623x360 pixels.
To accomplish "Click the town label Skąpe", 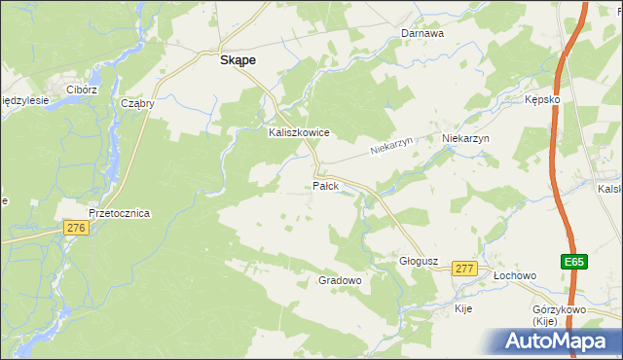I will (x=238, y=59).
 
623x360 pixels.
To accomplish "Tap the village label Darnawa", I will (x=422, y=33).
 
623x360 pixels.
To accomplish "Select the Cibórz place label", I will (x=82, y=90).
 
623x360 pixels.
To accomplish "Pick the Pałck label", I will (x=325, y=185).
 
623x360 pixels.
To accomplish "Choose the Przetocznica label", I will (x=119, y=213).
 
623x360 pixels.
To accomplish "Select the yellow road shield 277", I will (x=464, y=269).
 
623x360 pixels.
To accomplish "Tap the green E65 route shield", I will (x=573, y=262).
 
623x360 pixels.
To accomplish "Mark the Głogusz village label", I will (x=421, y=261).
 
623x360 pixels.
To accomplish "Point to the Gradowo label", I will (x=341, y=280).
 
